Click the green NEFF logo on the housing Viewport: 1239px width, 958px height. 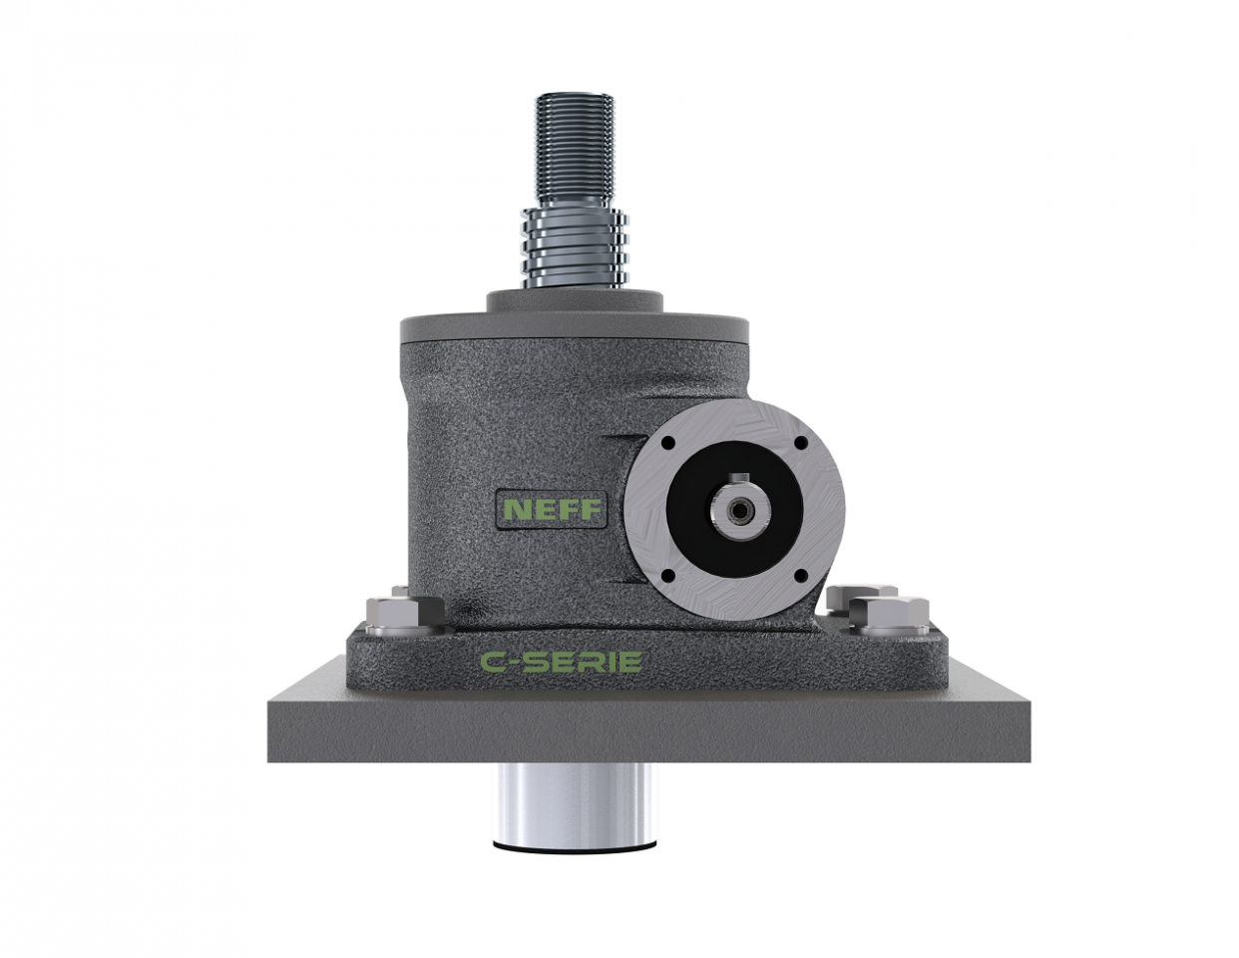[552, 509]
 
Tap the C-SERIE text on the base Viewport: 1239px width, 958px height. [560, 662]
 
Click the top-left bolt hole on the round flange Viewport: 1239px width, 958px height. [667, 445]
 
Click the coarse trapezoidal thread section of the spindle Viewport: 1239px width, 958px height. [573, 244]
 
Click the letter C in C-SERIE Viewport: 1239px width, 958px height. [492, 662]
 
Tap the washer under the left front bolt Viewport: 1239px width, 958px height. [393, 632]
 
